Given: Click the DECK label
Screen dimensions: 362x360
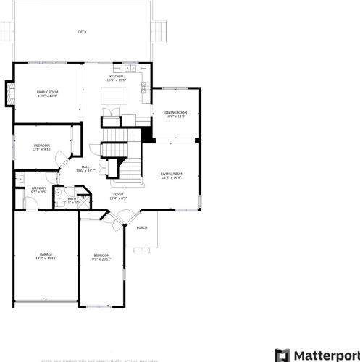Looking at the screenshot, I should coord(82,32).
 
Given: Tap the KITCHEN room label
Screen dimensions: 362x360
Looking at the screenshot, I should coord(116,76).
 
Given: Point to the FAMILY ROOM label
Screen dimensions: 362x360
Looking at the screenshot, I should coord(48,92).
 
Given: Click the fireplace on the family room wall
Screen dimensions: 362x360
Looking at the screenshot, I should coord(10,93).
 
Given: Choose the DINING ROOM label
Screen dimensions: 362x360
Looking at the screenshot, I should coord(175,113).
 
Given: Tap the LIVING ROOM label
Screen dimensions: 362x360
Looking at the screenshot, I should coord(171,174).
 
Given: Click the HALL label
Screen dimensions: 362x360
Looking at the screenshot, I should coord(85,167).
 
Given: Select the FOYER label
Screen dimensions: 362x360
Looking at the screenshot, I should coord(117,194).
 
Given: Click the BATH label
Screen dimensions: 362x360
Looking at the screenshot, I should coord(72,198).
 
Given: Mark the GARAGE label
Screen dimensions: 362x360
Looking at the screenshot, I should coord(46,254).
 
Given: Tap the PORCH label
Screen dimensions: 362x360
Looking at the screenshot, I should coord(142,227).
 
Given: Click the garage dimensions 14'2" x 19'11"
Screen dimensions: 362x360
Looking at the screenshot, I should coord(46,258).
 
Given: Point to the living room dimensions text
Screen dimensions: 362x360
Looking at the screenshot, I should coord(171,178).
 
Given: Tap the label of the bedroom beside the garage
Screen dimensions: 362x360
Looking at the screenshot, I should coord(101,256).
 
